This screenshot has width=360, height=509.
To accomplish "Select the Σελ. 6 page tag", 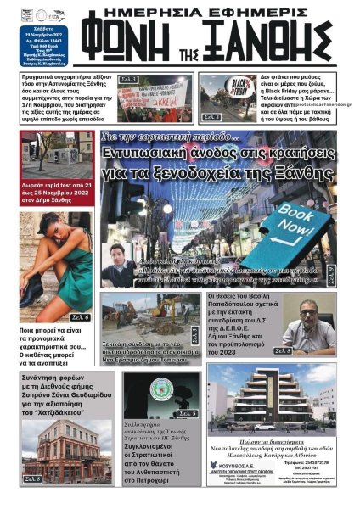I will [82, 316].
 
